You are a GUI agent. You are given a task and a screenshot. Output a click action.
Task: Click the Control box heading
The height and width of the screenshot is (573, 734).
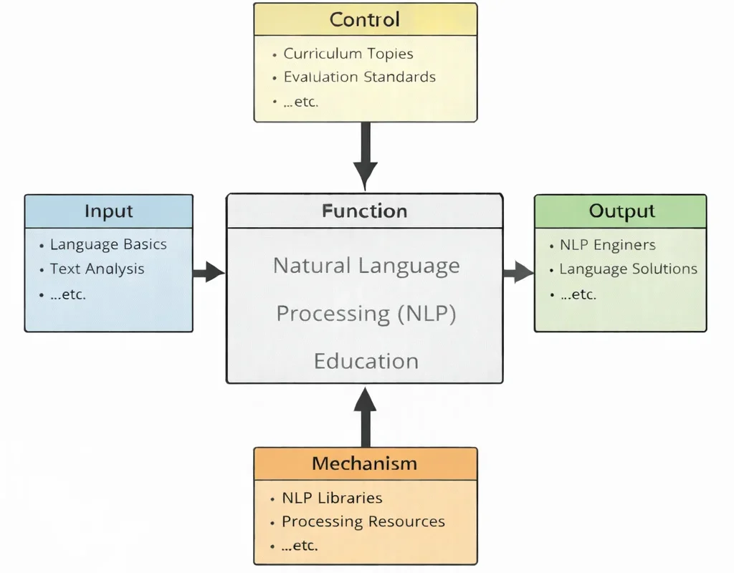click(366, 19)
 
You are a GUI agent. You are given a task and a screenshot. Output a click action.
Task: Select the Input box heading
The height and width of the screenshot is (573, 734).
click(109, 211)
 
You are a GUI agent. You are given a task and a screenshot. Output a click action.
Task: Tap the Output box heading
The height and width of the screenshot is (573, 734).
click(621, 211)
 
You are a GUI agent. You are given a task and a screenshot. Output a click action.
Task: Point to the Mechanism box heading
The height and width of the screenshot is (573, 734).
click(364, 463)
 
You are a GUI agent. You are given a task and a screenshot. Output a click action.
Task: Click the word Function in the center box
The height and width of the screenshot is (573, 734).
click(364, 211)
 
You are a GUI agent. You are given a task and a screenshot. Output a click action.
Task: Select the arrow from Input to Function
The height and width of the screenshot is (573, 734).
click(209, 272)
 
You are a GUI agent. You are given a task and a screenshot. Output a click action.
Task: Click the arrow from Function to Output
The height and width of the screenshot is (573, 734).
click(518, 272)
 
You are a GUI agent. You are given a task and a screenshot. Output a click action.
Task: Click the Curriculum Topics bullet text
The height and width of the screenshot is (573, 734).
click(348, 54)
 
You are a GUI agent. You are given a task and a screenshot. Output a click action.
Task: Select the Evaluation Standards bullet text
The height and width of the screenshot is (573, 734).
click(359, 77)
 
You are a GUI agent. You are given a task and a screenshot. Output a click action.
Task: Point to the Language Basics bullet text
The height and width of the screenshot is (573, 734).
click(108, 244)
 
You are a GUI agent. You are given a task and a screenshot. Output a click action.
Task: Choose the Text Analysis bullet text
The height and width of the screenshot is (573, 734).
click(97, 269)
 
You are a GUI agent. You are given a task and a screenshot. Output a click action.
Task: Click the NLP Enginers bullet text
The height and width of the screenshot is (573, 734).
click(607, 245)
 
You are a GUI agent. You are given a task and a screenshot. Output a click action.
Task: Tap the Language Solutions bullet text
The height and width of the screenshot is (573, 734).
click(628, 269)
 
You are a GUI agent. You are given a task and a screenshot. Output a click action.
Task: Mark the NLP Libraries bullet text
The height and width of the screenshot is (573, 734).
click(332, 498)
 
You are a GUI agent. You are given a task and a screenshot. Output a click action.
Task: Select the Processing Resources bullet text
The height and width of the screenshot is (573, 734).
click(363, 521)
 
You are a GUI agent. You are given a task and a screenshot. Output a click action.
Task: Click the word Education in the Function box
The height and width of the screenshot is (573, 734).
click(366, 360)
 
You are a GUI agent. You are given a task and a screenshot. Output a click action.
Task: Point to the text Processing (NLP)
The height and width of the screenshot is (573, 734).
click(366, 314)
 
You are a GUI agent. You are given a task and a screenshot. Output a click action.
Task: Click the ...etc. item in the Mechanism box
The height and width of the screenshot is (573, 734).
click(300, 546)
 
